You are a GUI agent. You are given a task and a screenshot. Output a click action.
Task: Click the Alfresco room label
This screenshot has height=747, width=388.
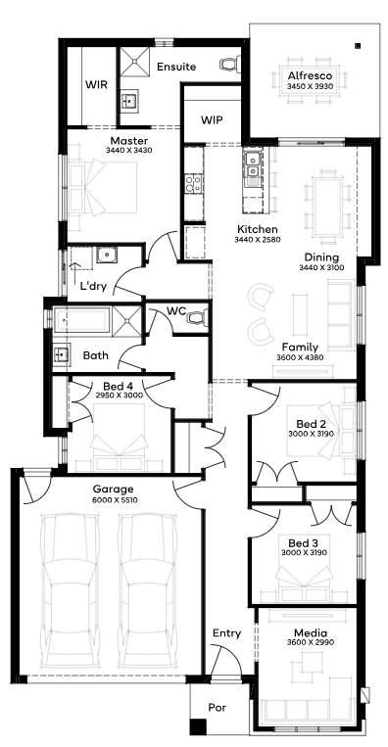pyautogui.click(x=310, y=76)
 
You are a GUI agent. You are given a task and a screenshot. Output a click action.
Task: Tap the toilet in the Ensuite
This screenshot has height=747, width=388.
pyautogui.click(x=229, y=65)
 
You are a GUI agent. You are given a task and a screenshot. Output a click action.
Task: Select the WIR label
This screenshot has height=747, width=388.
pyautogui.click(x=96, y=85)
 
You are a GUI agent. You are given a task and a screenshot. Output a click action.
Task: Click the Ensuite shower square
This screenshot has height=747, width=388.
pyautogui.click(x=134, y=62)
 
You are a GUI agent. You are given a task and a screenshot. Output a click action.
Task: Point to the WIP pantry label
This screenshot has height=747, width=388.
pyautogui.click(x=212, y=119)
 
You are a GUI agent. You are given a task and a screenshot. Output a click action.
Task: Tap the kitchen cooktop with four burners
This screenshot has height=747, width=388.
pyautogui.click(x=194, y=184)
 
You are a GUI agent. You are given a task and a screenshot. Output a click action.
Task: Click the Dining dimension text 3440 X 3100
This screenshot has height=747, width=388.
pyautogui.click(x=321, y=267)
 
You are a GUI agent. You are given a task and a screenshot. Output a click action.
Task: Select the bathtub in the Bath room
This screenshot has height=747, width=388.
pyautogui.click(x=82, y=320)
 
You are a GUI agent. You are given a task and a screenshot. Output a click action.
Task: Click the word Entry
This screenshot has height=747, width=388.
pyautogui.click(x=227, y=633)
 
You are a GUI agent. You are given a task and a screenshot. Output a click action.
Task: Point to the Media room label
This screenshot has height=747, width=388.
pyautogui.click(x=311, y=633)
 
